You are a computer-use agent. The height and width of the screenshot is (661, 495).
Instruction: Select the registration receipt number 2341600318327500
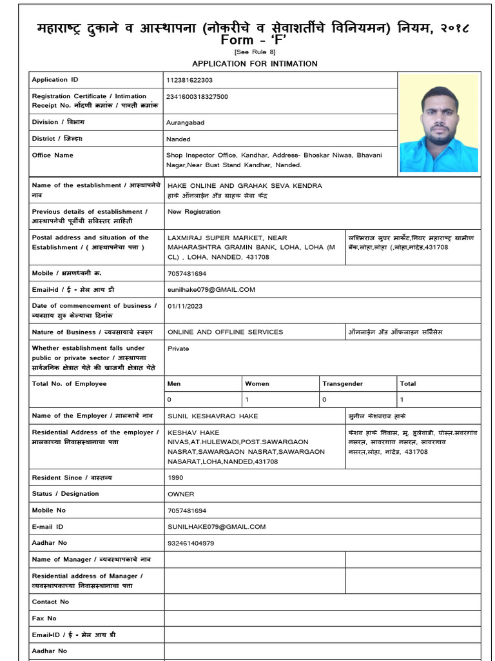[197, 97]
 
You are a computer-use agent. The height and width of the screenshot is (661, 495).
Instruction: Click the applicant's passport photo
[439, 123]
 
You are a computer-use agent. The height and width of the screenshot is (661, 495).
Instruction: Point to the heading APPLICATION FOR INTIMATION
[255, 63]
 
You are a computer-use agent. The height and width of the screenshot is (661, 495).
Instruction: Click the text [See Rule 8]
[255, 52]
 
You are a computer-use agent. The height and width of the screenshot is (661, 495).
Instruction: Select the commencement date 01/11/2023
[185, 306]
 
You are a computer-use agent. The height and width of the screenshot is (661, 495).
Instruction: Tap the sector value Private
[178, 349]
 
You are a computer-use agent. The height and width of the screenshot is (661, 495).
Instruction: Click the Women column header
[257, 383]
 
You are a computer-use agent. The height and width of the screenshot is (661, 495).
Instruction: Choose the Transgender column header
[342, 383]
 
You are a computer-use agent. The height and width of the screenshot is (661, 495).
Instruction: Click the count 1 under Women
[247, 400]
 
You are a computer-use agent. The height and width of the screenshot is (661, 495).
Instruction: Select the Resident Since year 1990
[175, 478]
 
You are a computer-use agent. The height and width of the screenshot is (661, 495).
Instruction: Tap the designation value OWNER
[180, 494]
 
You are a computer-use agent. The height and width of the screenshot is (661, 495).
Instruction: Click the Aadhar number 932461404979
[191, 543]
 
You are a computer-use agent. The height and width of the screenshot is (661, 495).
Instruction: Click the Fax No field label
[44, 618]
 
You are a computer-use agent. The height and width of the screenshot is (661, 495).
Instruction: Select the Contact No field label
[50, 602]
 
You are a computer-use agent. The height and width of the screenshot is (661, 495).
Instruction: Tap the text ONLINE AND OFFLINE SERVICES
[225, 332]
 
